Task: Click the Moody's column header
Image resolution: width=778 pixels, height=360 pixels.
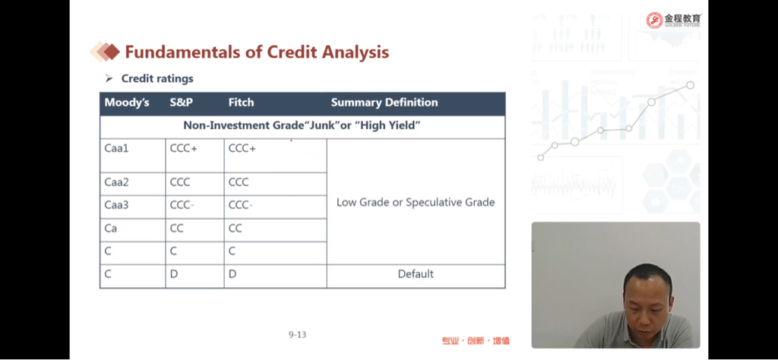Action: coord(127,103)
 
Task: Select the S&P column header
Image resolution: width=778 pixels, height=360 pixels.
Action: coord(181,103)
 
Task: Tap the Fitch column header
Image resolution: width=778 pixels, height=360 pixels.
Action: coord(241,103)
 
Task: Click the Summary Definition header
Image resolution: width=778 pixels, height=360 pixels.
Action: coord(384,103)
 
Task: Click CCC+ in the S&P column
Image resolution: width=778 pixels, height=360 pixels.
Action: coord(184,148)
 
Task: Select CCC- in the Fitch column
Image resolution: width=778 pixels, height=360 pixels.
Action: coord(241,205)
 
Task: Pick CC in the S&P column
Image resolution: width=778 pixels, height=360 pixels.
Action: coord(176,228)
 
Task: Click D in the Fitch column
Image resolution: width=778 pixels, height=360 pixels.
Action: coord(232,273)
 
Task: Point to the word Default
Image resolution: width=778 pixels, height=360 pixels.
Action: coord(416,273)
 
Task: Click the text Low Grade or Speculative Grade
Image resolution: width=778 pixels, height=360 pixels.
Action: coord(416,202)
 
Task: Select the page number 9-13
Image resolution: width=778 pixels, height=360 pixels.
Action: coord(297,335)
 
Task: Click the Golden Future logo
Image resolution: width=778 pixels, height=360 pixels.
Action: coord(674,20)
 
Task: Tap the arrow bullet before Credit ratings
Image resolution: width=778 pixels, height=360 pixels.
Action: coord(109,78)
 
